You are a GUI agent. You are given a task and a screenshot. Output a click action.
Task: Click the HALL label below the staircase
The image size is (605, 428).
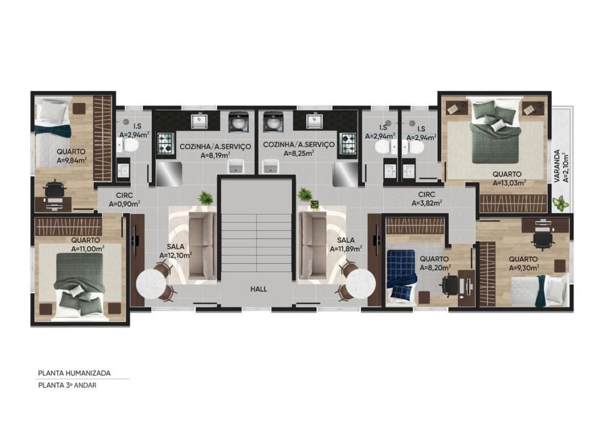tap(258, 289)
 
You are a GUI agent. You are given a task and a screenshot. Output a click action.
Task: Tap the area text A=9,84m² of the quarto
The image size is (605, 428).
tap(72, 159)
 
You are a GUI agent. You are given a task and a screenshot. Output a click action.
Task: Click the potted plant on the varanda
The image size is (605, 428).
tap(560, 203)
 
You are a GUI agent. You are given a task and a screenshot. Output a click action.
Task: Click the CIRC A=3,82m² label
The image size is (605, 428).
tap(426, 198)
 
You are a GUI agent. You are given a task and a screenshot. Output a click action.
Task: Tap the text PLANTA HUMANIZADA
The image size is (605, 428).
tap(74, 373)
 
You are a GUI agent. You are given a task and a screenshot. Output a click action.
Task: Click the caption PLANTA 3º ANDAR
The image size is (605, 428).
tap(67, 385)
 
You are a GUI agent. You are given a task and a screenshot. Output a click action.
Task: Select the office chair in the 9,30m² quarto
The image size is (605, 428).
tap(543, 239)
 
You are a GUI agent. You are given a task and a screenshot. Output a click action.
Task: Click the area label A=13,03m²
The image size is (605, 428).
tap(509, 182)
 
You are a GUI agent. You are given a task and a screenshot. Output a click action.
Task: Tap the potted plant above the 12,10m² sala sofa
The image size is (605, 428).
tap(205, 198)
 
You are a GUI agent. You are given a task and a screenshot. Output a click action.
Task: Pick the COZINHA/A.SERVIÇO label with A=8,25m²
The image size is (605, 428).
tap(299, 149)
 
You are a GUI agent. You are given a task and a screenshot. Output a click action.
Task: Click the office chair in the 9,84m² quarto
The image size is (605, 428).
tap(55, 189)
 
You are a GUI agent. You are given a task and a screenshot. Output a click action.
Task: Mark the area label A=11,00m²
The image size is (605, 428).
tap(87, 248)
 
